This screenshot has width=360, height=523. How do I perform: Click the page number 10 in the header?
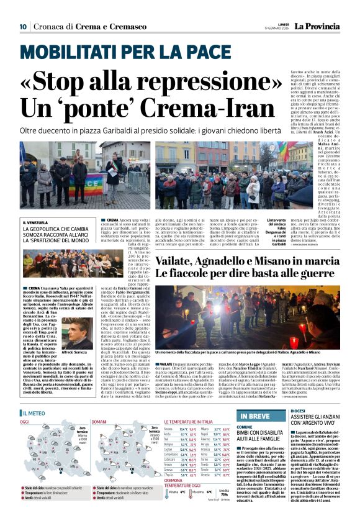pyautogui.click(x=22, y=27)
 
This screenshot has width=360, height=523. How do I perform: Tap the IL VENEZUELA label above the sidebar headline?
pyautogui.click(x=37, y=223)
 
